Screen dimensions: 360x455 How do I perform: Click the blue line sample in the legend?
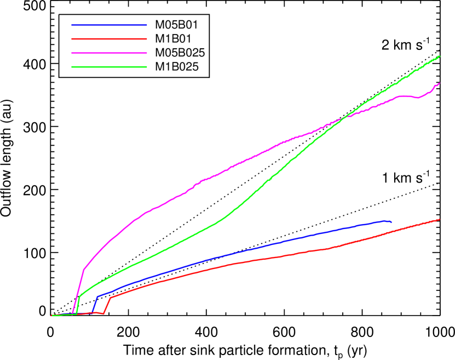click(109, 25)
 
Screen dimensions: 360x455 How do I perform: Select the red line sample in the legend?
click(109, 39)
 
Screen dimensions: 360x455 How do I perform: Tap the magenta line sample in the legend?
click(109, 53)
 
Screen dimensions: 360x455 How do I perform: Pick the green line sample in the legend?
click(109, 67)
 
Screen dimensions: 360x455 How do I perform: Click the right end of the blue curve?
click(391, 222)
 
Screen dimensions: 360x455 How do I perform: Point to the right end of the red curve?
click(440, 220)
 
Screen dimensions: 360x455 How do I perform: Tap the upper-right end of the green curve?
click(440, 56)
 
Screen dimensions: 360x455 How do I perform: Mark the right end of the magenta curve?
click(440, 83)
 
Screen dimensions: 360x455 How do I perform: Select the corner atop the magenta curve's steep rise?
click(84, 269)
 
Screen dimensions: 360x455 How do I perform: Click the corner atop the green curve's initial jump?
click(80, 296)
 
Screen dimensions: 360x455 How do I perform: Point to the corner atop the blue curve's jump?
click(97, 296)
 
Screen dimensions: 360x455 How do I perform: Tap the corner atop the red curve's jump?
click(111, 298)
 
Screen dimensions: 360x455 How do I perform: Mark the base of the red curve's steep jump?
click(103, 313)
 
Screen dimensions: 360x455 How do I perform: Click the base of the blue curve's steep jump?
click(93, 312)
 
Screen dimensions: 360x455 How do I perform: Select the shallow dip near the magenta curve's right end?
click(417, 98)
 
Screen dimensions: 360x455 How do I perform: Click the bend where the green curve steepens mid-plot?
click(226, 217)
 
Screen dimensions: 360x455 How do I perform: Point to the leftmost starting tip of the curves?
click(51, 316)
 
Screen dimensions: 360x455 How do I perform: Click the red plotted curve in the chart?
click(274, 257)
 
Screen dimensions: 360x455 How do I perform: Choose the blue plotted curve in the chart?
click(274, 243)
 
